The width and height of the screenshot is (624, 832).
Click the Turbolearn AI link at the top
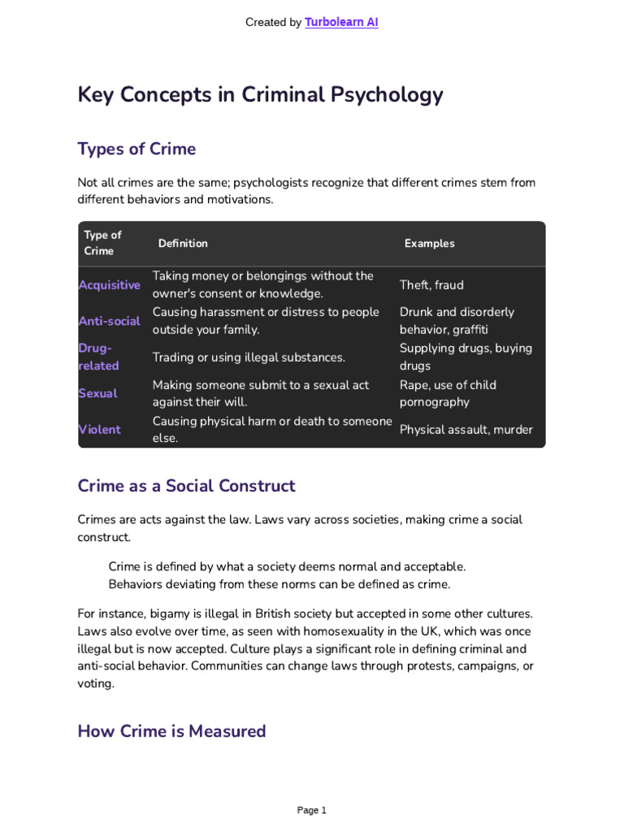(x=341, y=23)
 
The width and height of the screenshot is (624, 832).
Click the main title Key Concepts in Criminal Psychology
(x=260, y=95)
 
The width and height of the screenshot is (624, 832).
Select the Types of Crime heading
(x=136, y=149)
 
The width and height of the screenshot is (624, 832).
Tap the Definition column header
(x=183, y=243)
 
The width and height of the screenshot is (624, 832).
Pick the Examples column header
(x=429, y=243)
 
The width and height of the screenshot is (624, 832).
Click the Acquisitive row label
(x=109, y=285)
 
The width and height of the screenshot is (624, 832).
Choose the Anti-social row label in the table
(x=109, y=321)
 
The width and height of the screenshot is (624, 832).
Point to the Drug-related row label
(x=98, y=357)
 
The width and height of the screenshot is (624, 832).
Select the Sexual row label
(x=97, y=393)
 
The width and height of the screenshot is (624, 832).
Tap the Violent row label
(x=99, y=429)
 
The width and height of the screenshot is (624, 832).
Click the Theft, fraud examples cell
(x=431, y=285)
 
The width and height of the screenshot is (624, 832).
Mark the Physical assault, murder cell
(x=466, y=429)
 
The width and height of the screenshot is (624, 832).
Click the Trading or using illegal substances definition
(x=249, y=357)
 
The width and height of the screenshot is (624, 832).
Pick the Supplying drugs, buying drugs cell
(x=465, y=357)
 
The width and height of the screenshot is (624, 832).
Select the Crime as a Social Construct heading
(x=186, y=486)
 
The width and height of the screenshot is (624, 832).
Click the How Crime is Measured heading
(x=171, y=730)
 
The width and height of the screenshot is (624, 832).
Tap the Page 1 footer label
(x=311, y=810)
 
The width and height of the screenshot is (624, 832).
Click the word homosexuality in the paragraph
(x=357, y=631)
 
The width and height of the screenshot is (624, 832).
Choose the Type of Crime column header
(x=102, y=243)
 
